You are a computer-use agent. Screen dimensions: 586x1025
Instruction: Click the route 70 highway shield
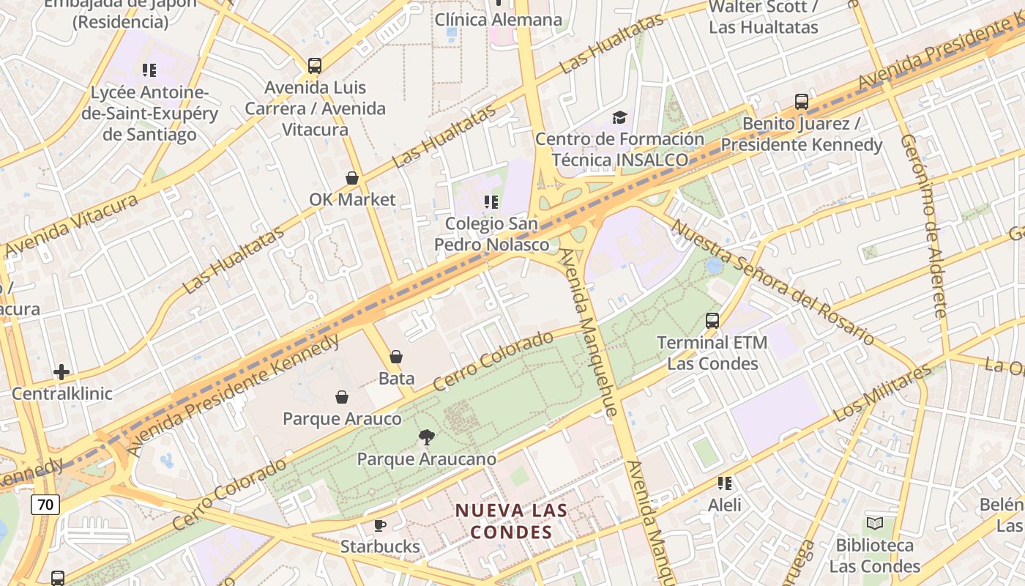45,504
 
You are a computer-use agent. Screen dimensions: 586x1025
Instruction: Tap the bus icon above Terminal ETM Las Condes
712,321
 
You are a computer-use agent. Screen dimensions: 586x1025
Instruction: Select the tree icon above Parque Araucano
426,438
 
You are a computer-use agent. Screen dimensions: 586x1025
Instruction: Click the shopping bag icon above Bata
396,357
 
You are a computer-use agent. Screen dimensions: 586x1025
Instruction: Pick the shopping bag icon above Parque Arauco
342,397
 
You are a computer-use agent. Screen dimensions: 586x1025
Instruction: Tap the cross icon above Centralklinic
61,372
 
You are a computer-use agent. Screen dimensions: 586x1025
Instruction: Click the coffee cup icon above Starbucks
380,525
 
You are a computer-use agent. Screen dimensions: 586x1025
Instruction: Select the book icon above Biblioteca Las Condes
874,523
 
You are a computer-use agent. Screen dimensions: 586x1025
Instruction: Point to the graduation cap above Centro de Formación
619,117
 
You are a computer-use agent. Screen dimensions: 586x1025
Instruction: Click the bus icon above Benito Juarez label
802,102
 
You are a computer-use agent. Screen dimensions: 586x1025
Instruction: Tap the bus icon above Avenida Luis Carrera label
315,66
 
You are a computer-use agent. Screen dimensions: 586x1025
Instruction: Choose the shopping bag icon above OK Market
352,178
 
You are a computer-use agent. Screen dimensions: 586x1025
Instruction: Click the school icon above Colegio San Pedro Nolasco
491,201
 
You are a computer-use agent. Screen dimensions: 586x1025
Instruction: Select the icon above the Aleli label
725,483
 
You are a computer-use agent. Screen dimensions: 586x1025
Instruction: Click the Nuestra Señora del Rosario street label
772,282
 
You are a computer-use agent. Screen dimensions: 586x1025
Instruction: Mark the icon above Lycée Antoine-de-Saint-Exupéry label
149,70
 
